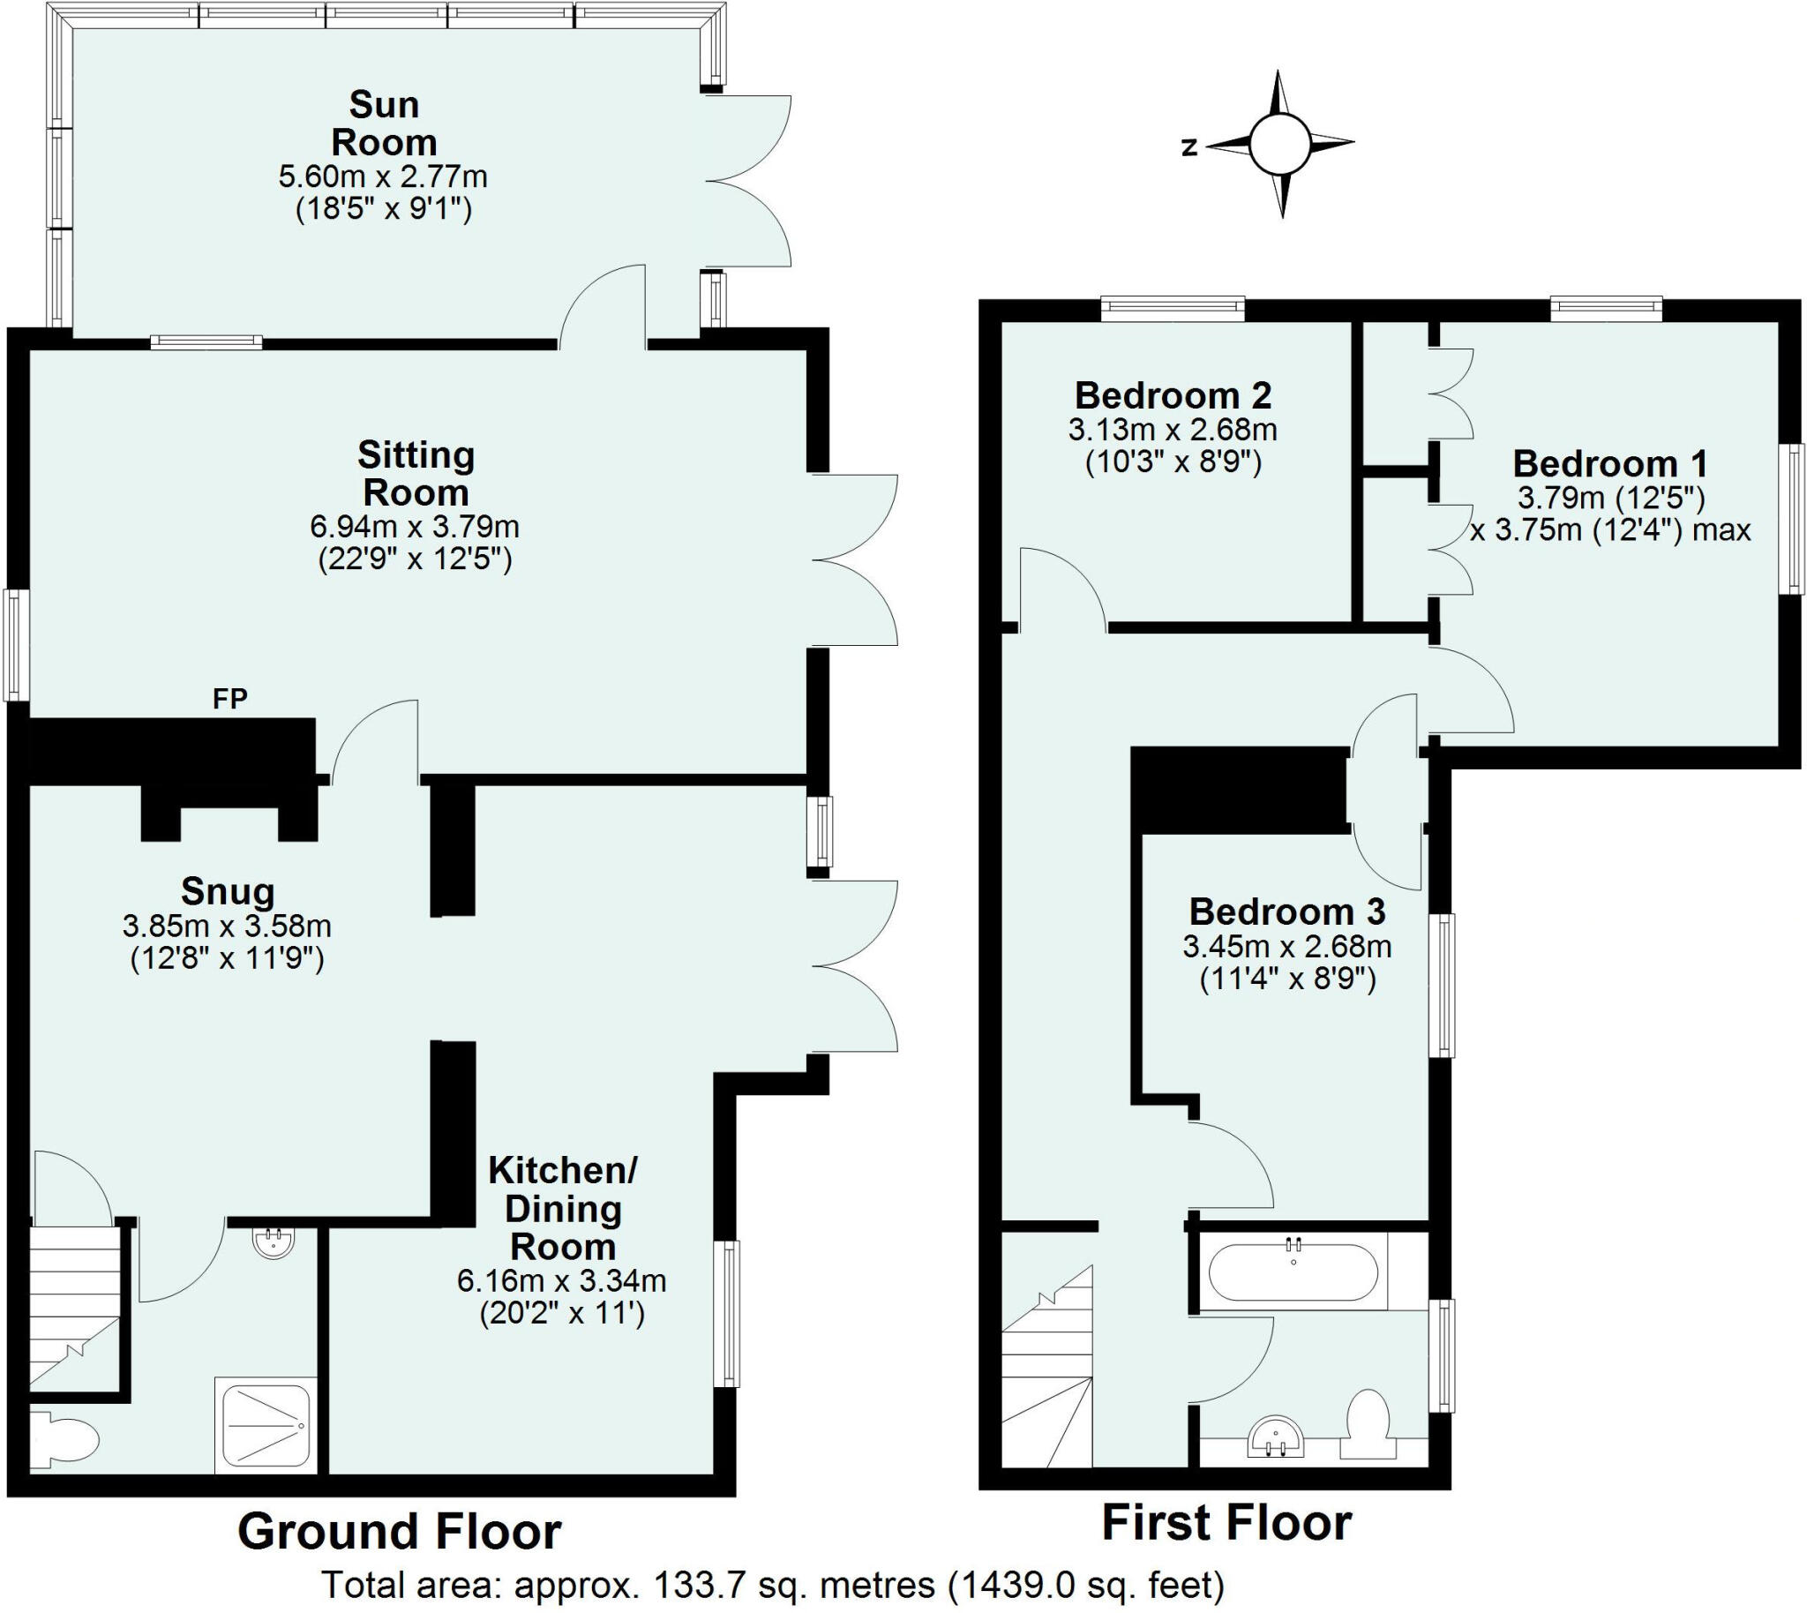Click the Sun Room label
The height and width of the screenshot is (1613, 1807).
point(383,124)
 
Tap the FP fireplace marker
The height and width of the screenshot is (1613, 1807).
point(229,699)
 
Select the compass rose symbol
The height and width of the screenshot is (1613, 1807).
point(1278,145)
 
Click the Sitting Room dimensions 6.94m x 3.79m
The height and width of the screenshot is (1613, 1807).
point(414,527)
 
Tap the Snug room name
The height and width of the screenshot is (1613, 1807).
point(228,890)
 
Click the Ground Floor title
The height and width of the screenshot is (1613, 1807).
point(399,1533)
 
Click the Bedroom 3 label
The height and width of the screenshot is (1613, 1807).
point(1286,912)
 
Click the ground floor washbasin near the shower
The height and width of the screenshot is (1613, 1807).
point(274,1242)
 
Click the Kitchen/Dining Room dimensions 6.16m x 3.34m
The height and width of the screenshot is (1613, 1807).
point(561,1280)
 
